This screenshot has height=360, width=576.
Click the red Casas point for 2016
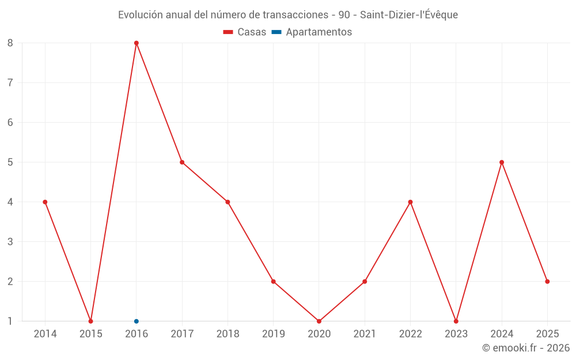point(137,43)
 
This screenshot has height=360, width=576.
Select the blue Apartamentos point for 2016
point(137,321)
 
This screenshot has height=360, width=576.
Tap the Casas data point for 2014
point(45,202)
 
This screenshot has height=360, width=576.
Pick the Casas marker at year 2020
point(319,321)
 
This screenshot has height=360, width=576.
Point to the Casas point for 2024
point(502,162)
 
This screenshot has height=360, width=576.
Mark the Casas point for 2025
point(547,282)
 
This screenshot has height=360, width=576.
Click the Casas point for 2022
point(410,202)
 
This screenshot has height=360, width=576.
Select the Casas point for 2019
point(274,282)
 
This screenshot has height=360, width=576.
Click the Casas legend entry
point(245,32)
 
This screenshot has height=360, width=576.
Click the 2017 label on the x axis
point(182,334)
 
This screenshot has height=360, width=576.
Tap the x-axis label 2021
point(365,334)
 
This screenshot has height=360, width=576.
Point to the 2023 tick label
point(456,334)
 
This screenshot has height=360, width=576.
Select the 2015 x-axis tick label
point(91,334)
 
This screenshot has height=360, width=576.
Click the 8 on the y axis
point(10,43)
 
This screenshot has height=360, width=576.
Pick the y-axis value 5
point(10,162)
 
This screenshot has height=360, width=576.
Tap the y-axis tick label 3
point(10,242)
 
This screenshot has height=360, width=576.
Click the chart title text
point(288,15)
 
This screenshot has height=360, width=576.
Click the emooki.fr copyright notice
point(526,348)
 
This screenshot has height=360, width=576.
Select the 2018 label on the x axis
point(228,334)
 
